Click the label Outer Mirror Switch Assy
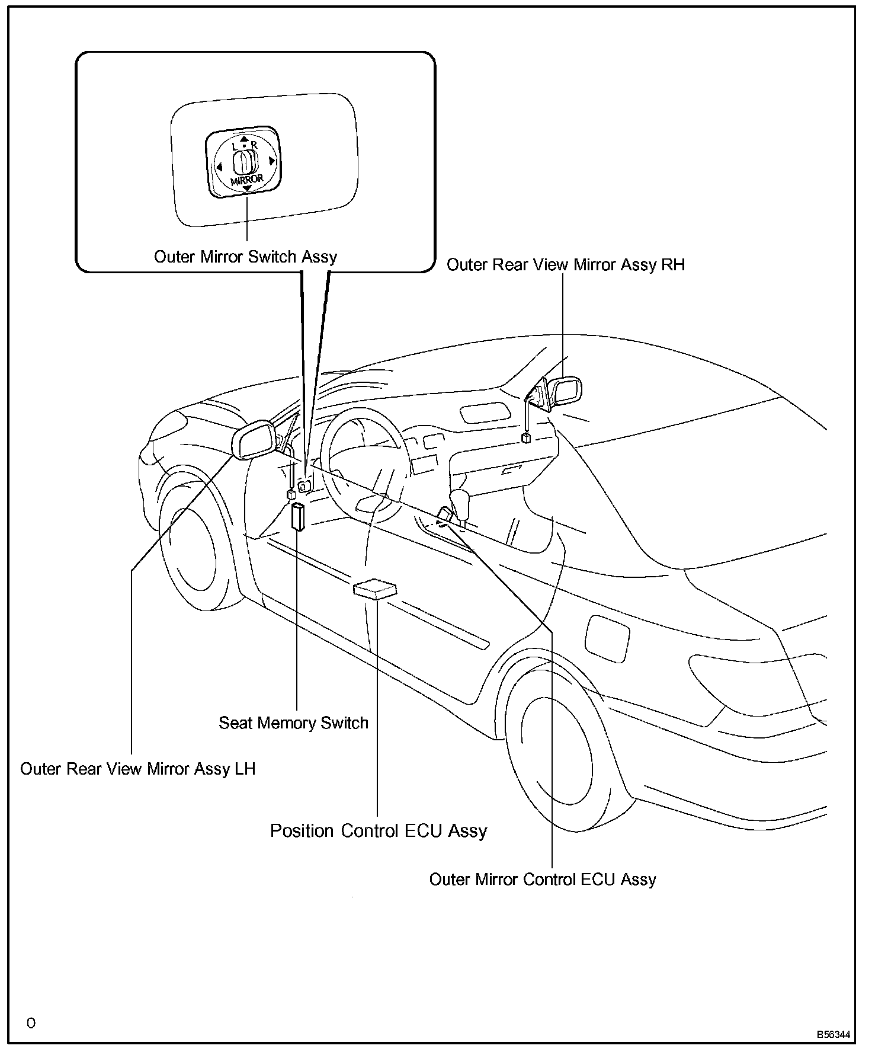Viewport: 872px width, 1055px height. coord(245,257)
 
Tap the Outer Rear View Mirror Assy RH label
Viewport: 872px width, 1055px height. coord(565,264)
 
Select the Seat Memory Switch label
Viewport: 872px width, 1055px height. coord(293,723)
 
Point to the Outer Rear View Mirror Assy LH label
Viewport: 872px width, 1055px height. coord(137,769)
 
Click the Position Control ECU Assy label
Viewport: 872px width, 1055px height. coord(379,830)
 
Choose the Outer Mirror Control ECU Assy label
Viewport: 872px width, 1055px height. coord(542,879)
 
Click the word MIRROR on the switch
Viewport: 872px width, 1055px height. coord(246,180)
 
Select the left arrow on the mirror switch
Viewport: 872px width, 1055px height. coord(218,167)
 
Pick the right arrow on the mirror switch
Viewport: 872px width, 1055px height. coord(271,160)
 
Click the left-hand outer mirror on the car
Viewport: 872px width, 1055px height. coord(254,439)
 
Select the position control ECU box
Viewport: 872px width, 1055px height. coord(374,590)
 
